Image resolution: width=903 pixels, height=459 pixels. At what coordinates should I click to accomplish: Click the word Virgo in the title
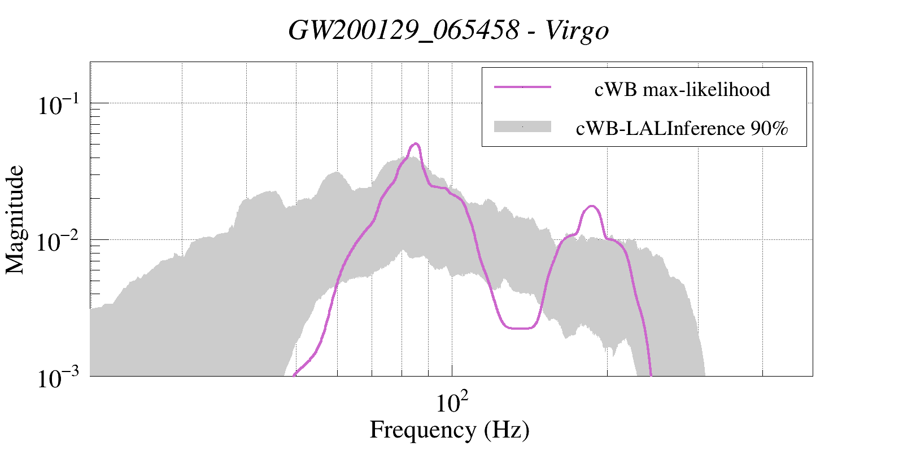577,30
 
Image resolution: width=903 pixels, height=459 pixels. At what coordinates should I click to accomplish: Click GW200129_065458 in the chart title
403,30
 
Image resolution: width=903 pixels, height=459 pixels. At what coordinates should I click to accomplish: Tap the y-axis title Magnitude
15,220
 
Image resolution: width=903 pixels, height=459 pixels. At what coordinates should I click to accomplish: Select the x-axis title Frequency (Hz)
449,430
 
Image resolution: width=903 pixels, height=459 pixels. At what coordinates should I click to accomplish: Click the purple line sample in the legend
522,87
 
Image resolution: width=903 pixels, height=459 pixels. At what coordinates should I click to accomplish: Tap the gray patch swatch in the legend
522,127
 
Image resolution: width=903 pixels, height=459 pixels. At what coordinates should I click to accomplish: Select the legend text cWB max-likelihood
682,89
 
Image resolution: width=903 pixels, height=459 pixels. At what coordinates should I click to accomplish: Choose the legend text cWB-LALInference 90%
682,129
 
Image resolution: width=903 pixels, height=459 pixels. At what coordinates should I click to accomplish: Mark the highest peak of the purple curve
416,143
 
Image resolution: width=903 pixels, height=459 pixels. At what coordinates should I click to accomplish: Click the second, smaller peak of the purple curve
591,206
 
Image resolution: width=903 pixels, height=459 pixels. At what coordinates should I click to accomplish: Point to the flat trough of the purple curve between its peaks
518,328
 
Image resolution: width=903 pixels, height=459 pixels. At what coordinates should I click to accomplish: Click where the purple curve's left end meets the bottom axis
295,374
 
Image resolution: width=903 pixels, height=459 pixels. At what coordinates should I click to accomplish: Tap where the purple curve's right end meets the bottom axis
651,374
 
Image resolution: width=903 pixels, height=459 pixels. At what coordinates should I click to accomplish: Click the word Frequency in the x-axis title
422,430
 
